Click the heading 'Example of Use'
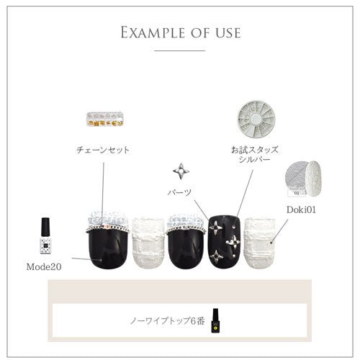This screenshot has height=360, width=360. [x=181, y=32]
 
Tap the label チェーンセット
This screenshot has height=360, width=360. [x=103, y=150]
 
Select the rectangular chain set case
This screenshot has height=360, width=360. [x=105, y=120]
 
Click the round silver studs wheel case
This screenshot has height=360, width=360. [x=256, y=120]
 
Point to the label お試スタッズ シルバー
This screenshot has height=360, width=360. [x=255, y=154]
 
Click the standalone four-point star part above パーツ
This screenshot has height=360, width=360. [x=181, y=171]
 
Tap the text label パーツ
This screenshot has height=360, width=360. [x=179, y=192]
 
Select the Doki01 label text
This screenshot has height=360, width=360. [x=301, y=210]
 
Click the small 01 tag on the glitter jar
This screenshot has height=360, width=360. [x=297, y=193]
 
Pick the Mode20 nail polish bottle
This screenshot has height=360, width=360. [x=45, y=235]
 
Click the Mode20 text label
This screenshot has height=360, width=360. [x=44, y=266]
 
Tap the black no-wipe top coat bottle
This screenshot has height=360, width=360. [x=215, y=320]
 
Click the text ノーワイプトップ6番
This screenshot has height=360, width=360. [x=167, y=321]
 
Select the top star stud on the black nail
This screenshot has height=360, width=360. [x=215, y=228]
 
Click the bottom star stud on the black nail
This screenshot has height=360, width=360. [x=216, y=257]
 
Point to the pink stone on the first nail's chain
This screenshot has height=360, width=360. [x=105, y=227]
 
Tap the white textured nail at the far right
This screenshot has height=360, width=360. [x=259, y=243]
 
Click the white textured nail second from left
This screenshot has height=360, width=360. [x=148, y=243]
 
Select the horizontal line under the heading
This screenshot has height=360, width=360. [x=180, y=50]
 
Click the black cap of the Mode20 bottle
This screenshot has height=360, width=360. [x=45, y=227]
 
